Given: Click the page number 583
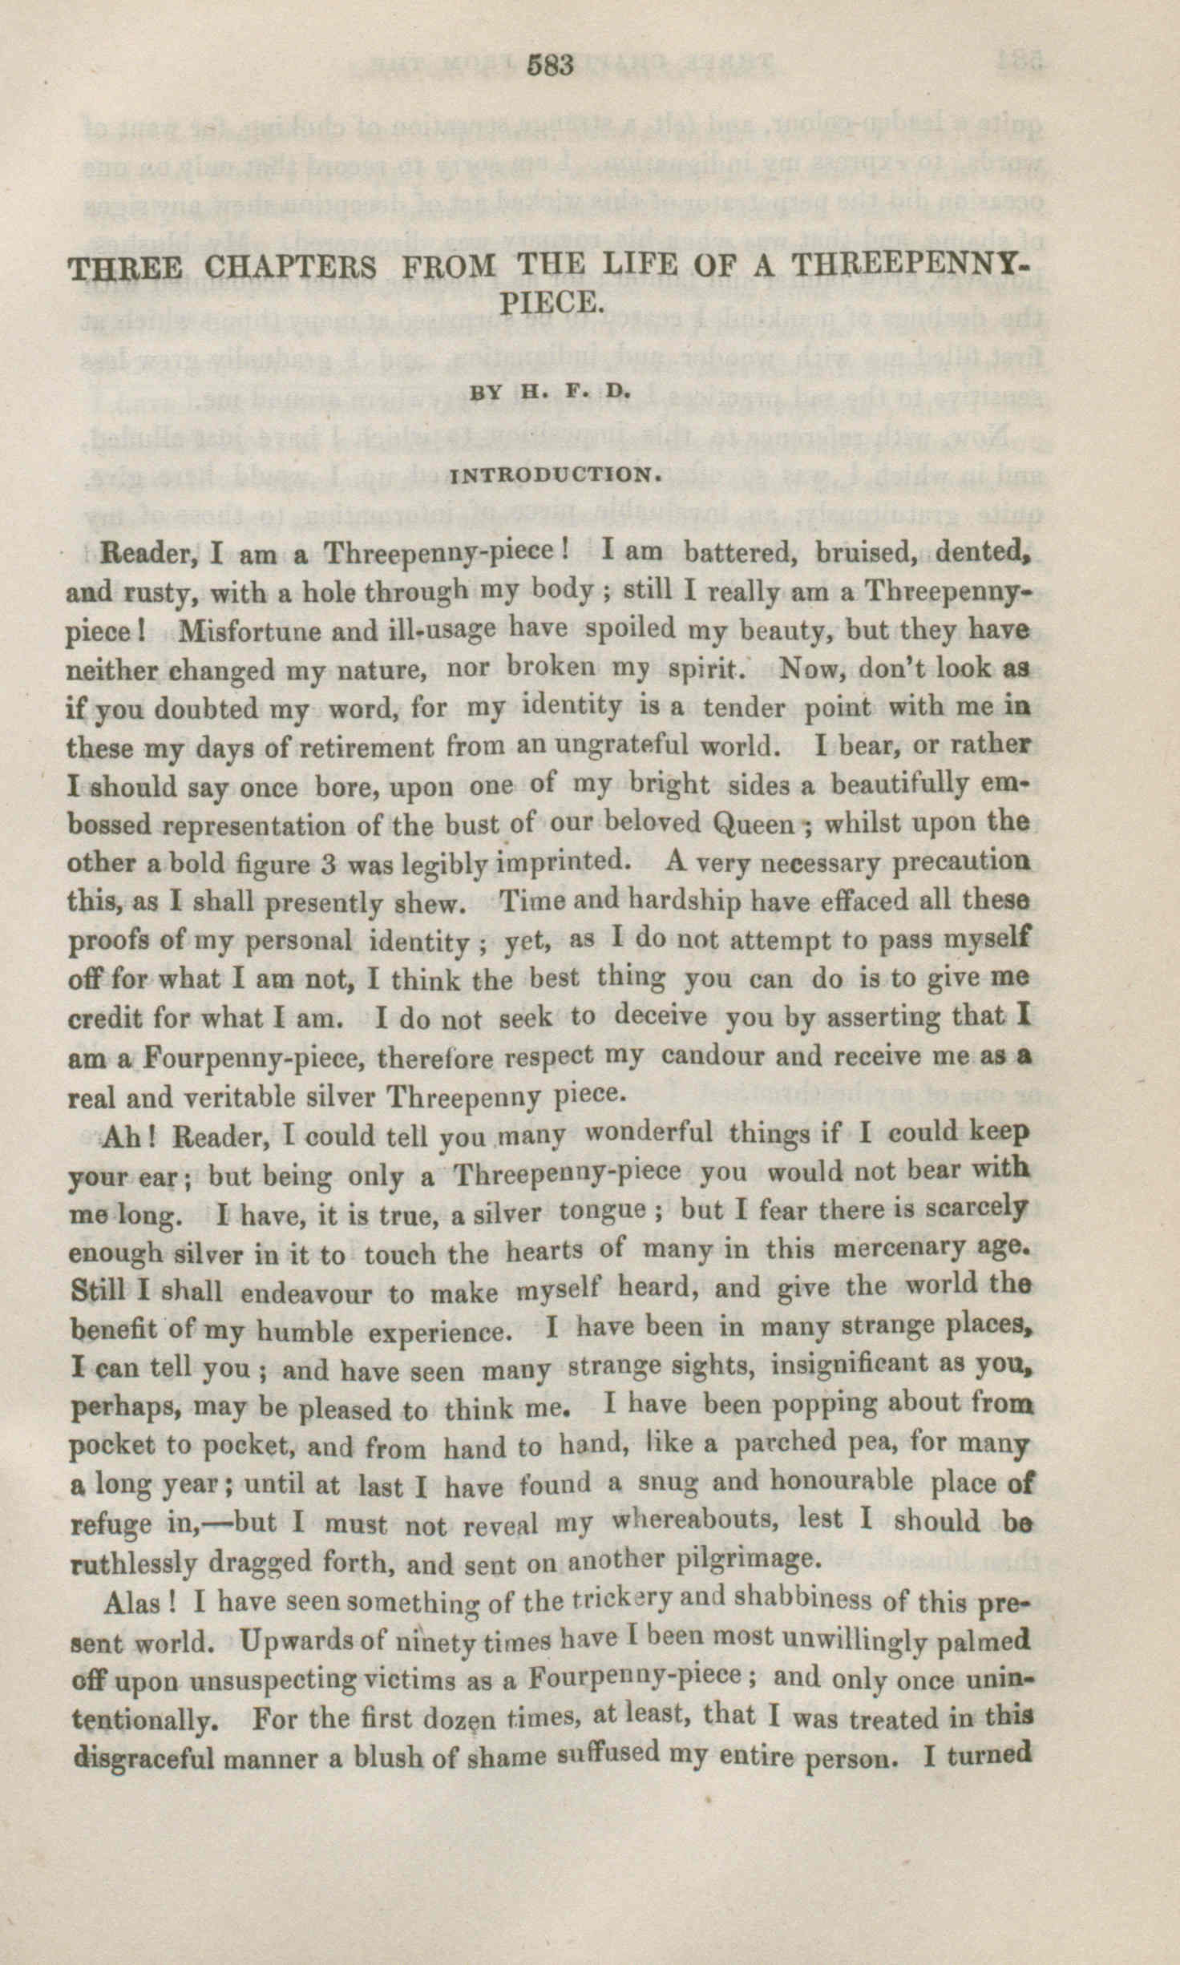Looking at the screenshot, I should (552, 66).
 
